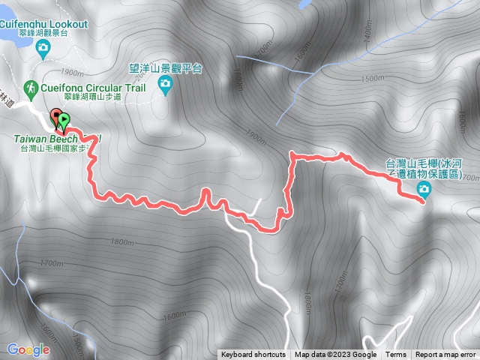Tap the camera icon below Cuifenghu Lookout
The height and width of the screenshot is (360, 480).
coord(43,49)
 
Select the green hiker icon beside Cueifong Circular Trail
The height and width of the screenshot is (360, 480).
coord(30,88)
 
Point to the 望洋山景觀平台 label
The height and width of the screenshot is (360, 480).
coord(166,68)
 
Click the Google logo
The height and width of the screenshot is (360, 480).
coord(28,349)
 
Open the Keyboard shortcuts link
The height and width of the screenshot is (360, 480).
coord(253,355)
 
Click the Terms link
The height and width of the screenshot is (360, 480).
coord(396,355)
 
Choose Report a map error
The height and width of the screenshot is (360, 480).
coord(446,355)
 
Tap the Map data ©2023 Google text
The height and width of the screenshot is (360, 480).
coord(335,355)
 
